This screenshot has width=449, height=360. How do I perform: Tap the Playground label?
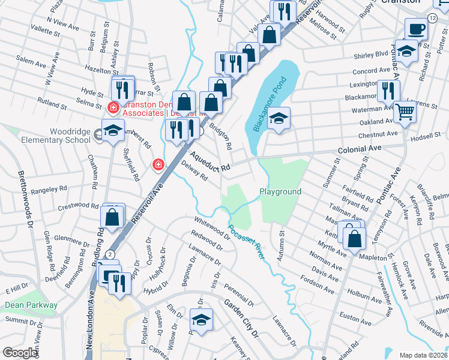[280, 191]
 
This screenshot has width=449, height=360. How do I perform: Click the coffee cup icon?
[415, 29]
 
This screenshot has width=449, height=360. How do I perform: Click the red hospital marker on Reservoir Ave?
[158, 164]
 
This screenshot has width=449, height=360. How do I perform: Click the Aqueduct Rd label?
[211, 163]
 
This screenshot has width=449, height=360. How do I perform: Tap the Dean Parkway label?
[31, 305]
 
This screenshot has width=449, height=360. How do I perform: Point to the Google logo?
[20, 353]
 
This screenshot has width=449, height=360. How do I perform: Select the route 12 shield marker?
[433, 19]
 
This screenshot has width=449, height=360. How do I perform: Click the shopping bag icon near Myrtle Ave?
[355, 238]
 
